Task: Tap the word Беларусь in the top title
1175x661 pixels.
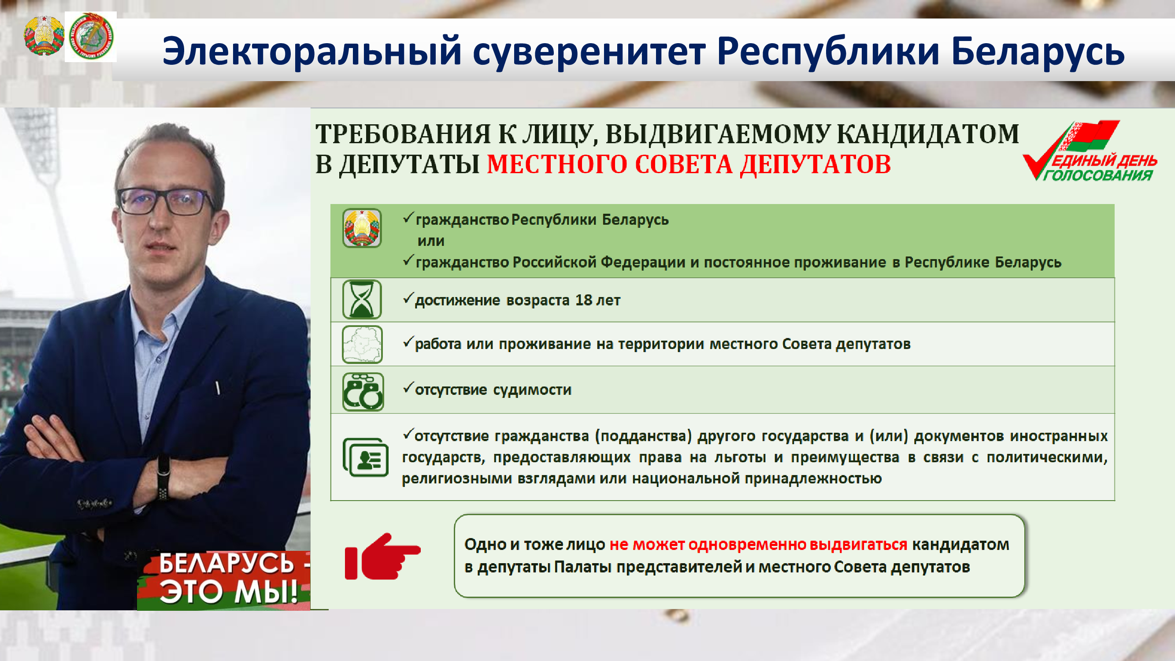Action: coord(1038,51)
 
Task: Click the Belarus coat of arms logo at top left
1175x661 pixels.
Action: coord(44,36)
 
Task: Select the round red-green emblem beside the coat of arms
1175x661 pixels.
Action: coord(91,37)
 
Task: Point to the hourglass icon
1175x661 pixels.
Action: coord(362,299)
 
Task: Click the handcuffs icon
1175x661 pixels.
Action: coord(363,391)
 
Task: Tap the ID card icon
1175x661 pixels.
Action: coord(365,457)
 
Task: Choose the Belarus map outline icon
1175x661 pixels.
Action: coord(362,344)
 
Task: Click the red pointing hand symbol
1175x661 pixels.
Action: coord(382,556)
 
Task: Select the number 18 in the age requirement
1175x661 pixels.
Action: coord(583,300)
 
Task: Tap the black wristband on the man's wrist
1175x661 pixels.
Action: coord(163,477)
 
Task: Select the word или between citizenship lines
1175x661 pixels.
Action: coord(431,241)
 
